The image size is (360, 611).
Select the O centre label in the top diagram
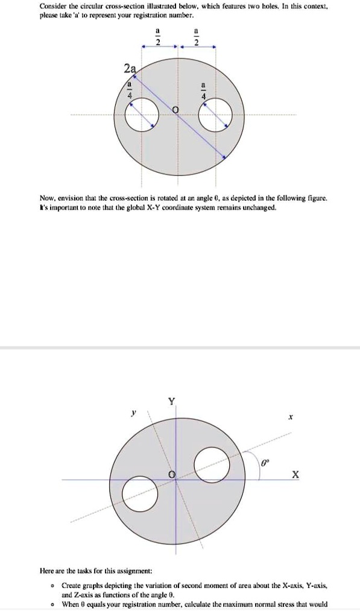point(176,109)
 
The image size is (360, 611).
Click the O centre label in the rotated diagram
point(172,476)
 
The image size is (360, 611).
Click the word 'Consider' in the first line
point(53,7)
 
